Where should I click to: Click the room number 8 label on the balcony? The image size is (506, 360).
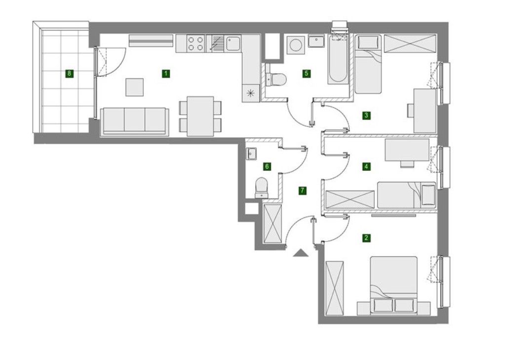click(x=69, y=74)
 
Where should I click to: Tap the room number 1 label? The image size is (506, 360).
click(x=165, y=74)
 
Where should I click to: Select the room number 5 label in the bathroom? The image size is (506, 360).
click(x=306, y=74)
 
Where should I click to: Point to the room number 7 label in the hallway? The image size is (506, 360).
click(x=302, y=191)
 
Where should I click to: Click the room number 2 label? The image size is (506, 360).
click(x=366, y=239)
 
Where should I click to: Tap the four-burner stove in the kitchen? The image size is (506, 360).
click(x=195, y=43)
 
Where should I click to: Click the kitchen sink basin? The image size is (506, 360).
click(x=233, y=43)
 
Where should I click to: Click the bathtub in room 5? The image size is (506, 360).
click(x=338, y=59)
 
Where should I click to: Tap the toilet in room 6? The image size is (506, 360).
click(x=261, y=187)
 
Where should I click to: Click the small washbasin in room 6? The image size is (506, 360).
click(x=251, y=154)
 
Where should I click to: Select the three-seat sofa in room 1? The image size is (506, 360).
click(x=135, y=121)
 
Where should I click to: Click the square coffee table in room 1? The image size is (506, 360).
click(x=135, y=87)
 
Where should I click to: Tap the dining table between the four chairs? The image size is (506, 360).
click(x=200, y=116)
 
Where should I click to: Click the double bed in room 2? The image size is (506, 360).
click(x=394, y=286)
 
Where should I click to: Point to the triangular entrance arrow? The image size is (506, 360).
click(x=301, y=253)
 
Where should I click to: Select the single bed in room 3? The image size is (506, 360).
click(x=368, y=64)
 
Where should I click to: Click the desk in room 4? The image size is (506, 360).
click(x=407, y=150)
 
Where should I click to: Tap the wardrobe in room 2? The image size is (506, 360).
click(x=335, y=288)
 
